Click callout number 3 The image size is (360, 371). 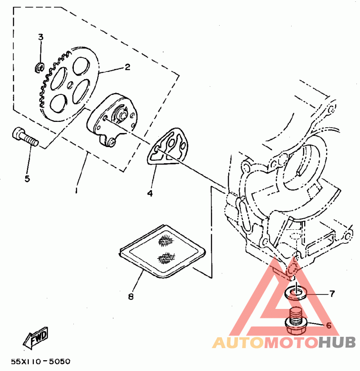tap(40, 37)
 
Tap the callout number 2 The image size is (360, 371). tap(127, 67)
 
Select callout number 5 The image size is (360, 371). tap(27, 179)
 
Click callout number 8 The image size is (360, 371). tap(131, 296)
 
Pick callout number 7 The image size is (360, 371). tap(332, 294)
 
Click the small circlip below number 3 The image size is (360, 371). tap(39, 68)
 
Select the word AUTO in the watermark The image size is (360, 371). tap(238, 343)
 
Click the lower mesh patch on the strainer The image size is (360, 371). tap(166, 258)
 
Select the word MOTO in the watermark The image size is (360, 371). tap(291, 343)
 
